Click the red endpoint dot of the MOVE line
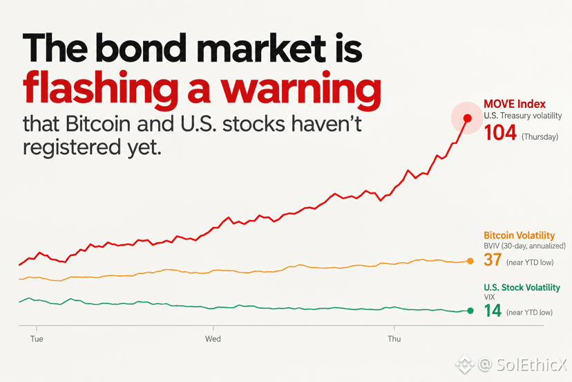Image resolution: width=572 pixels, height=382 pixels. (x=467, y=118)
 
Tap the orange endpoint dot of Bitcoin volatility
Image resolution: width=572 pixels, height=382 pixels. (x=470, y=261)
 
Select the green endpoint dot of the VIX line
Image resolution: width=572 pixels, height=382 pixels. (x=470, y=311)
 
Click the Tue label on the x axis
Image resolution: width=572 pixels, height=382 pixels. (x=37, y=339)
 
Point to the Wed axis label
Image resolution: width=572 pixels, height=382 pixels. (x=213, y=339)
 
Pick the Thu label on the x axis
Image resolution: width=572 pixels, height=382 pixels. (x=394, y=339)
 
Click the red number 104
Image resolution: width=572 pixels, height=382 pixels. (x=500, y=133)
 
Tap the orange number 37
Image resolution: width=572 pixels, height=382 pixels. (x=493, y=260)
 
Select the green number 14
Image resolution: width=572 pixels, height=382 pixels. (x=493, y=311)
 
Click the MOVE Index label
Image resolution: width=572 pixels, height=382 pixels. (x=515, y=104)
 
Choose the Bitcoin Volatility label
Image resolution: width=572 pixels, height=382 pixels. (x=519, y=235)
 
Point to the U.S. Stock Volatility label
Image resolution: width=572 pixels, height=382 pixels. (x=522, y=288)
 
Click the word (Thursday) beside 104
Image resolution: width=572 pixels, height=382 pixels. (x=540, y=137)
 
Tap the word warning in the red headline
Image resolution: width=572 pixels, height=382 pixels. (x=301, y=89)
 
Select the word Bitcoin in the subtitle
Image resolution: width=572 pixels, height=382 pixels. (x=98, y=125)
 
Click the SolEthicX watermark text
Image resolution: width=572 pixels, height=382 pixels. (x=531, y=365)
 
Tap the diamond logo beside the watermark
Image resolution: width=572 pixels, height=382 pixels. (x=464, y=365)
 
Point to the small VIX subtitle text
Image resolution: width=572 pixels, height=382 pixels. (x=489, y=298)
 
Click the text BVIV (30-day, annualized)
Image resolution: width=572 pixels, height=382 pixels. (x=524, y=246)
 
